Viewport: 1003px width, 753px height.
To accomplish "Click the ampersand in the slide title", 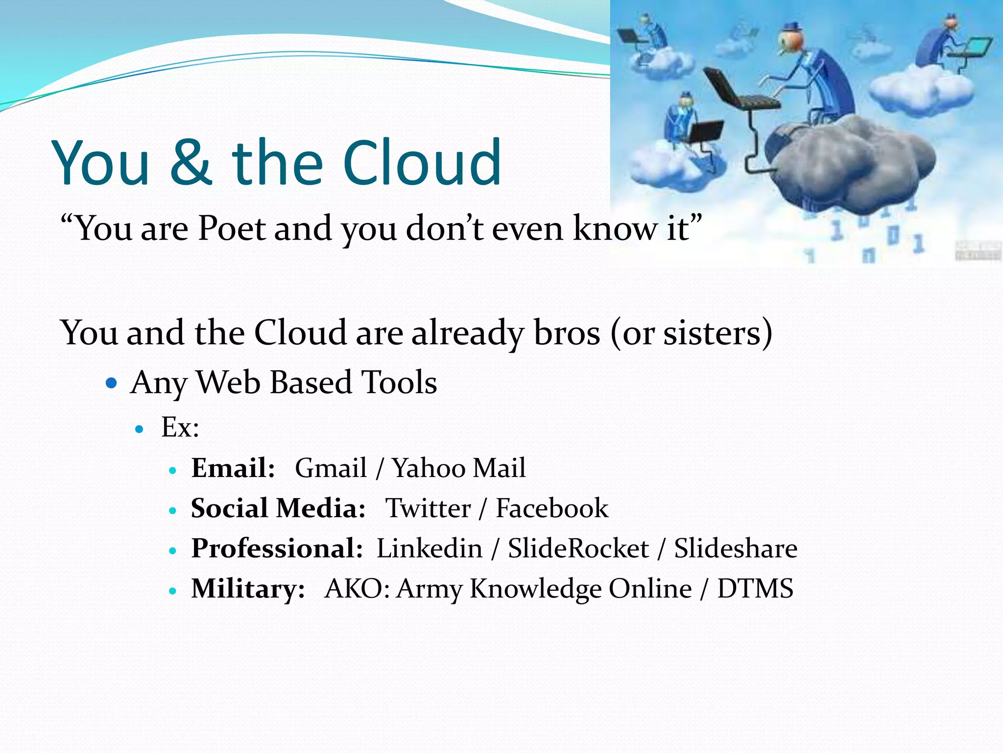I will pyautogui.click(x=191, y=163).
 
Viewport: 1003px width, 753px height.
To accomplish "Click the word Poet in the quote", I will pyautogui.click(x=231, y=228).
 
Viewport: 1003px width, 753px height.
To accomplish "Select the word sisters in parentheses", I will pyautogui.click(x=712, y=333).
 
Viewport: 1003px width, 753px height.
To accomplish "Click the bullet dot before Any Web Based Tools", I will pyautogui.click(x=112, y=382).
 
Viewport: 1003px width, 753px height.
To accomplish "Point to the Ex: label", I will pyautogui.click(x=180, y=427).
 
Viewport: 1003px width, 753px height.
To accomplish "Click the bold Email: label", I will pyautogui.click(x=233, y=468).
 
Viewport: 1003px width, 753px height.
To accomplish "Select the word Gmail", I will pyautogui.click(x=331, y=468).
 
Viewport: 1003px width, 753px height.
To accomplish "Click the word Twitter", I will pyautogui.click(x=428, y=508).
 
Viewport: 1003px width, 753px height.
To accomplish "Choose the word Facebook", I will pyautogui.click(x=552, y=508).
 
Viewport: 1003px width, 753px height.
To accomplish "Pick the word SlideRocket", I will pyautogui.click(x=578, y=549).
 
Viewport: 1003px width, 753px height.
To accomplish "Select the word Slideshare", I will pyautogui.click(x=736, y=549).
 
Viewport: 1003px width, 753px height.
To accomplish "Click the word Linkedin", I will pyautogui.click(x=430, y=549).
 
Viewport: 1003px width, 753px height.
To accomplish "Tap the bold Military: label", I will pyautogui.click(x=248, y=589).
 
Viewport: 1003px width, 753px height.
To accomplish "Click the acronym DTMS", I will pyautogui.click(x=755, y=589).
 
